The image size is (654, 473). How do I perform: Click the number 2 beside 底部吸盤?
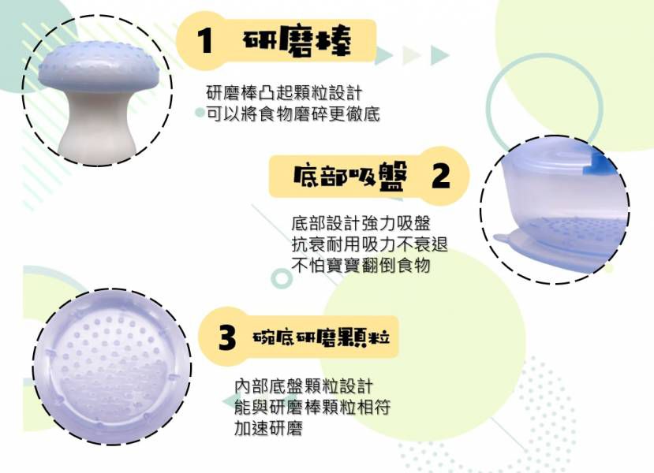click(x=440, y=176)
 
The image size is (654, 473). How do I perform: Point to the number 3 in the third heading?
click(x=227, y=338)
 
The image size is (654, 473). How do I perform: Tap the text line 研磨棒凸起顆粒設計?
click(x=284, y=92)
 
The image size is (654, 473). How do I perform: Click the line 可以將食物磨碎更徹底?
click(x=293, y=114)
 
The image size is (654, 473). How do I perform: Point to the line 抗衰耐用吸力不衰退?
click(x=370, y=244)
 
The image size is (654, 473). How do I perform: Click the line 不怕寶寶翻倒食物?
click(x=361, y=266)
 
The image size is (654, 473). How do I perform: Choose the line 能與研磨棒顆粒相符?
click(x=312, y=408)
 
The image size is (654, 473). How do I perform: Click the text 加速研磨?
click(x=269, y=429)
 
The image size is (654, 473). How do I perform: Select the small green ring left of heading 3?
click(x=281, y=277)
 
